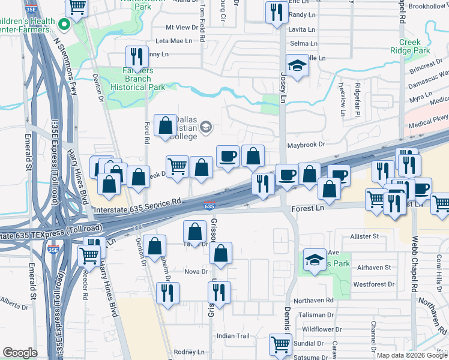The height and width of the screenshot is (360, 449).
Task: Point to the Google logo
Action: click(20, 353)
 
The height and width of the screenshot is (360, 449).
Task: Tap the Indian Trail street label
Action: click(233, 336)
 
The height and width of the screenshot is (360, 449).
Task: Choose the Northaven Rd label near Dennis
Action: click(313, 299)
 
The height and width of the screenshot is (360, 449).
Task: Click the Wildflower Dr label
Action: click(322, 329)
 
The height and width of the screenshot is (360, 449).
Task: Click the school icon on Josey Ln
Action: click(297, 66)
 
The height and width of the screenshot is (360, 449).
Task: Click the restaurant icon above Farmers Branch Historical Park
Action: click(137, 56)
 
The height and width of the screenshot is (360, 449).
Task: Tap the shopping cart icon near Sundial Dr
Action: click(281, 344)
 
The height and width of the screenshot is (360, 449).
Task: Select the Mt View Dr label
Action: click(181, 28)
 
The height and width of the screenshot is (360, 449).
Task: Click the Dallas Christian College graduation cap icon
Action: click(206, 126)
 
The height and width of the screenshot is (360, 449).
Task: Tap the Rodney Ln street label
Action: click(189, 352)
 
